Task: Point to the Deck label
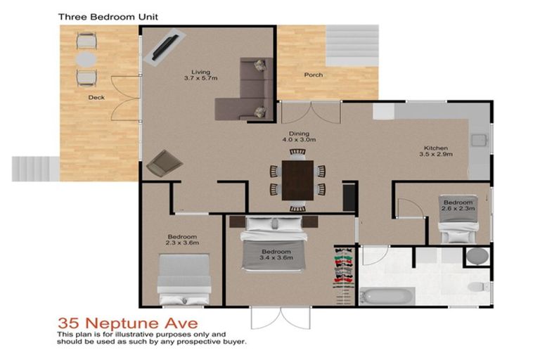96,98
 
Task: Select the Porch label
313,75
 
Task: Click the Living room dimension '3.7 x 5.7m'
200,77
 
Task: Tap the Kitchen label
435,148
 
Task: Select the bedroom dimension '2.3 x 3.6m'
182,243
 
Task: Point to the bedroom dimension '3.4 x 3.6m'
276,258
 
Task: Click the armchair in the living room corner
164,164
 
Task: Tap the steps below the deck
34,169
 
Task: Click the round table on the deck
85,58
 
